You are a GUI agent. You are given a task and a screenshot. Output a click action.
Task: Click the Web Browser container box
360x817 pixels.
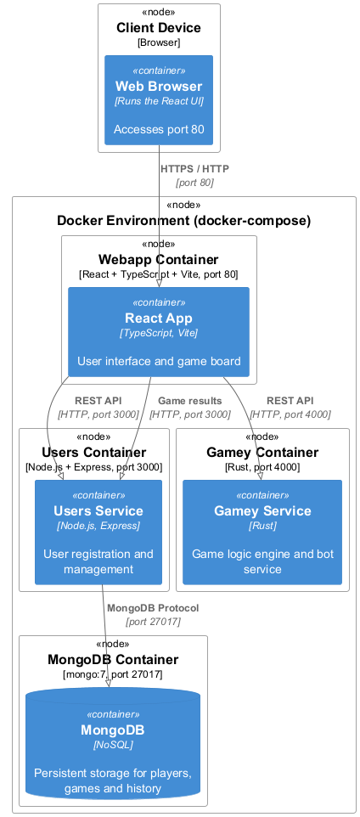pos(159,100)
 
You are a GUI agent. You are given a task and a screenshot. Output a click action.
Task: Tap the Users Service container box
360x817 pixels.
pos(98,532)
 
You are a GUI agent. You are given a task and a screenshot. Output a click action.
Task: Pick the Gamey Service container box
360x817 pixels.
pos(262,532)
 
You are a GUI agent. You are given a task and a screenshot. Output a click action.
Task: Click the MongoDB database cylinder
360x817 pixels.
pos(113,747)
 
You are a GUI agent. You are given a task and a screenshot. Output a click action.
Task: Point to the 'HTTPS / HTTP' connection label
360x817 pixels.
pos(194,169)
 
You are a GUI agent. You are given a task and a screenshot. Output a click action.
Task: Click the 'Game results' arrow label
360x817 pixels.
pos(189,401)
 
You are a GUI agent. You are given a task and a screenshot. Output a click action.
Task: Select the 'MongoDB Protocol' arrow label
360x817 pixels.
pos(153,608)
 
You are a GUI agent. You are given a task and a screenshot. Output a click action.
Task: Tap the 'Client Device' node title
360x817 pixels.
pos(159,28)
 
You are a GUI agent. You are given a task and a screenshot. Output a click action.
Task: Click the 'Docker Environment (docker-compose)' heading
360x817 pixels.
pos(184,221)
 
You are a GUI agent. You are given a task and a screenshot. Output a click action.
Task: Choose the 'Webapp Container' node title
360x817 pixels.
pos(159,260)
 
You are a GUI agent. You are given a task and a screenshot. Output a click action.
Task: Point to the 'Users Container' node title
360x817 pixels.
pos(94,453)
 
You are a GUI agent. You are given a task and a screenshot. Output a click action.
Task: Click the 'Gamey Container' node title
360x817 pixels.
pos(262,453)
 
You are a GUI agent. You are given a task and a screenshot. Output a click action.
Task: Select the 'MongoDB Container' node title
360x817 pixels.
pos(113,660)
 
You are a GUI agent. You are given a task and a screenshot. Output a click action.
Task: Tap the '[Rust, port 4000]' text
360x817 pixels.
pos(262,467)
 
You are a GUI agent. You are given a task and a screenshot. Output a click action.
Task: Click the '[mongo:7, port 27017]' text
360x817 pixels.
pos(113,674)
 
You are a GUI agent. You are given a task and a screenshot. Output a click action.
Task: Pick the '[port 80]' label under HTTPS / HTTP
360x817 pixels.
pos(194,183)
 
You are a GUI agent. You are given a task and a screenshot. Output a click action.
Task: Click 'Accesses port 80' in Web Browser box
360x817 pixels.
pos(159,130)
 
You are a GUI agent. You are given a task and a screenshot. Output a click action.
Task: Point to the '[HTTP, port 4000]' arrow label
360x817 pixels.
pos(290,414)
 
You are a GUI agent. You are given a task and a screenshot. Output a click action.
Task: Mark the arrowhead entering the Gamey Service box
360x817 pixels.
pos(260,476)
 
